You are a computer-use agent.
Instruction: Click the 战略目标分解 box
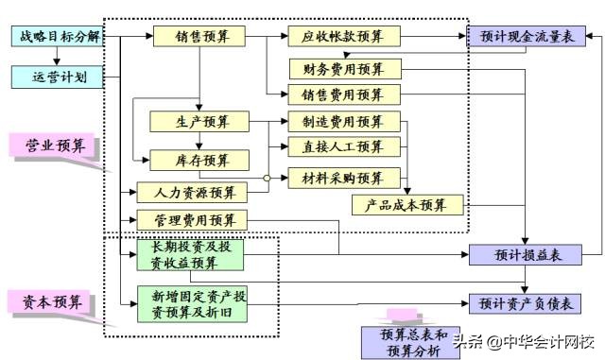[56, 37]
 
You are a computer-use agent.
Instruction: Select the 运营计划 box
[56, 77]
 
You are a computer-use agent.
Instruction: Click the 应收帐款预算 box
[344, 37]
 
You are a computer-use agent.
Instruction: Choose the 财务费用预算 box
[344, 69]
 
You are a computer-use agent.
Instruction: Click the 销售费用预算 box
[344, 94]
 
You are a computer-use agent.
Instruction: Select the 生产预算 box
[199, 121]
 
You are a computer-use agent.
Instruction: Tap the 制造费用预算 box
[344, 121]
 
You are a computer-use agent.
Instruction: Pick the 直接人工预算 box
[344, 146]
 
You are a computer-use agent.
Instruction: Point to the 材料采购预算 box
[344, 178]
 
